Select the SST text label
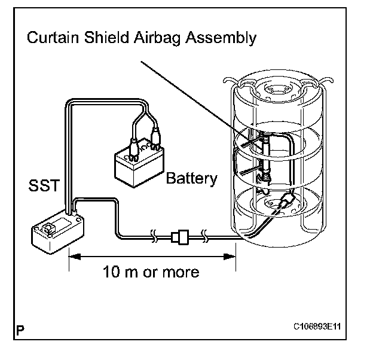[x=44, y=185]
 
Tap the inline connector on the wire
[x=179, y=237]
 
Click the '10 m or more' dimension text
[x=151, y=271]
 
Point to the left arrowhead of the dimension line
[x=73, y=257]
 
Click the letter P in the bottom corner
[x=20, y=329]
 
